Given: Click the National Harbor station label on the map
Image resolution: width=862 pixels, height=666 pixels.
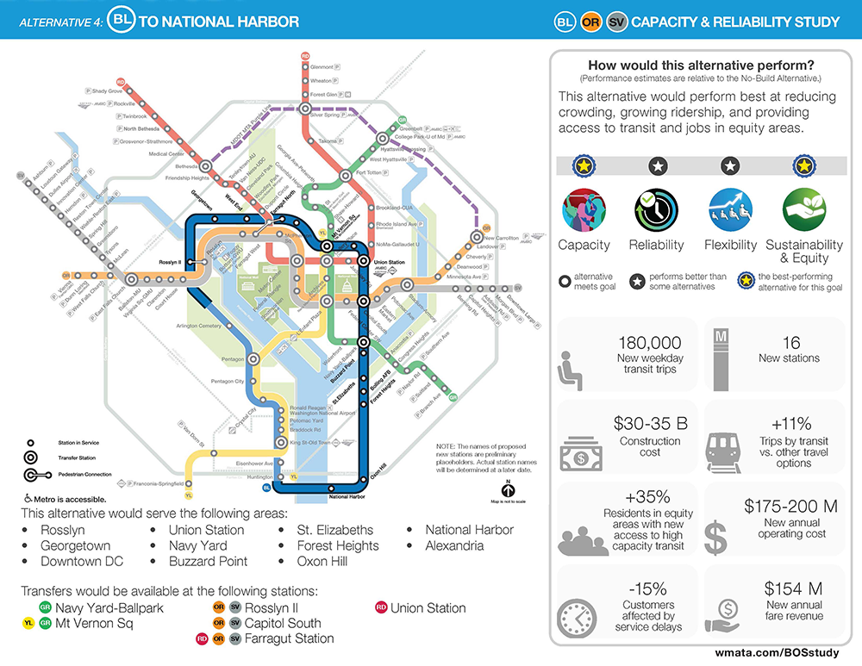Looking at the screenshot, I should pyautogui.click(x=346, y=497).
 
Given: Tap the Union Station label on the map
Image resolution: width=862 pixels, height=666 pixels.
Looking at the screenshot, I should pyautogui.click(x=388, y=262).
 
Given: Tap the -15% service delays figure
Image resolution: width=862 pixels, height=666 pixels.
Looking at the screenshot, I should pyautogui.click(x=646, y=589).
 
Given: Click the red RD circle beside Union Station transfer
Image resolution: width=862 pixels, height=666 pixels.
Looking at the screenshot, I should pyautogui.click(x=380, y=608).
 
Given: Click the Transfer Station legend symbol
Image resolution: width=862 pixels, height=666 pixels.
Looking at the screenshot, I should pyautogui.click(x=31, y=458).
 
